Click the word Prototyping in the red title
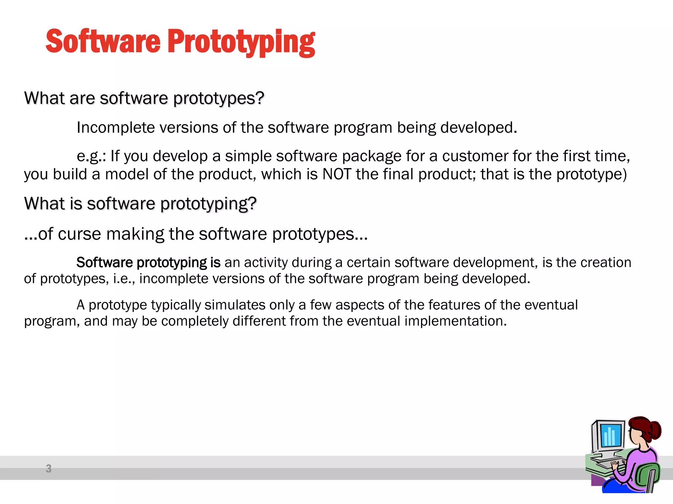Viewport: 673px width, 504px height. pyautogui.click(x=242, y=42)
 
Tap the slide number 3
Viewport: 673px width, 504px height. pyautogui.click(x=49, y=468)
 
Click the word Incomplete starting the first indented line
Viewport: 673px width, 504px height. pyautogui.click(x=115, y=128)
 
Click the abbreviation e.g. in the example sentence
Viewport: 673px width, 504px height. pyautogui.click(x=89, y=156)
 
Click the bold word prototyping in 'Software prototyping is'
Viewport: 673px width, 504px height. pyautogui.click(x=172, y=262)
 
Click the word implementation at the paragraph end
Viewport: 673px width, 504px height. pyautogui.click(x=455, y=321)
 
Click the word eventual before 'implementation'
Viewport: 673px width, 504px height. pyautogui.click(x=373, y=321)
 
